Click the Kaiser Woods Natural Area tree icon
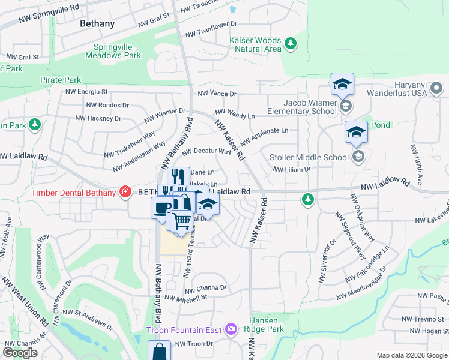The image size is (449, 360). [291, 43]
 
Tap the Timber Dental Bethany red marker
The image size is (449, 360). [125, 192]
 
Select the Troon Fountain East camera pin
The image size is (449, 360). [231, 329]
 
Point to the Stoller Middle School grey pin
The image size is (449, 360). [358, 157]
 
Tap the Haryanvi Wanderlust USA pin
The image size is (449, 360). [436, 89]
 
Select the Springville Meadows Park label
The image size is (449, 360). [117, 51]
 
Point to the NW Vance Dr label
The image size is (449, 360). [217, 94]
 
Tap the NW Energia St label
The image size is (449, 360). [87, 92]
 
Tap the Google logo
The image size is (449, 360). [21, 353]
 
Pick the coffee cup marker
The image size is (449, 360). [161, 208]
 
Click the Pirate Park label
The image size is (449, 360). [61, 79]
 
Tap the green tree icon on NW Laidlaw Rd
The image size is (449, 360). [309, 198]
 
